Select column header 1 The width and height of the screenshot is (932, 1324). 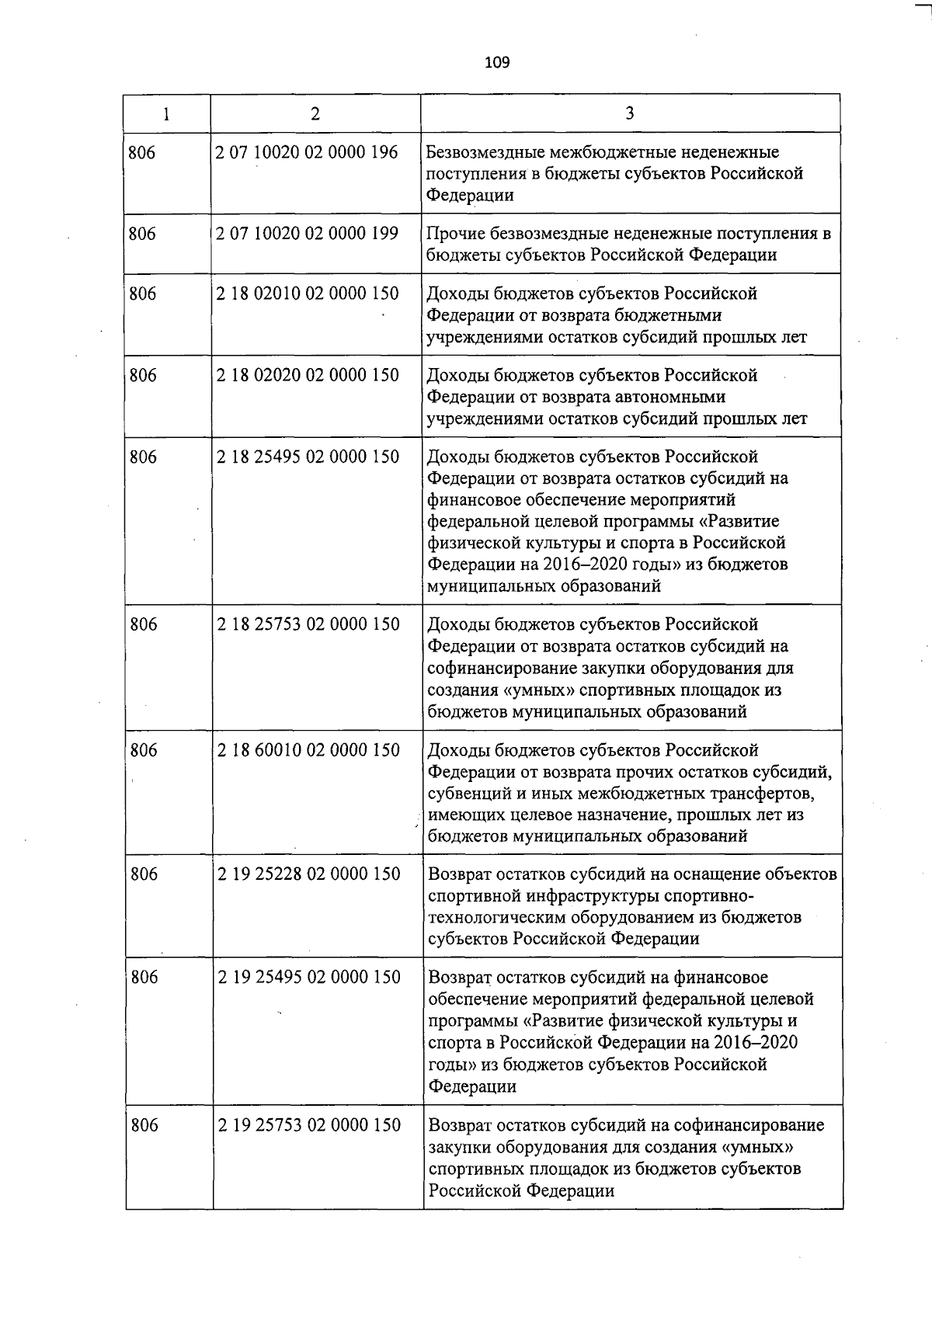coord(166,113)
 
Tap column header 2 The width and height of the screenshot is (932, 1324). coord(315,113)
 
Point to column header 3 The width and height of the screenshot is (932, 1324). coord(630,113)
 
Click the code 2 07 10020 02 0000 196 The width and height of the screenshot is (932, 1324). coord(307,152)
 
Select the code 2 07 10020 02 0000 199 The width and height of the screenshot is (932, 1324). coord(307,233)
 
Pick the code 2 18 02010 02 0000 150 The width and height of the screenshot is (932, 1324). coord(308,294)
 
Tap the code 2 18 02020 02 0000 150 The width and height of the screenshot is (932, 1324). coord(308,375)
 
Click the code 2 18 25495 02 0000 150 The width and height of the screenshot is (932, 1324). coord(308,457)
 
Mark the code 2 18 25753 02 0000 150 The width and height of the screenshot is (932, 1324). coord(308,624)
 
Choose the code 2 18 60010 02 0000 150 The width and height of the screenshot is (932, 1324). coord(308,750)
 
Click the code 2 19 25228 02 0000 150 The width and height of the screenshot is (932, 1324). coord(309,874)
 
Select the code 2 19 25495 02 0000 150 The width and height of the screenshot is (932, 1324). coord(309,977)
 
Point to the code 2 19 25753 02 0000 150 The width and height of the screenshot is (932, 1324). coord(309,1125)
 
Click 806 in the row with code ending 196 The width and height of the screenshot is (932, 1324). coord(142,153)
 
